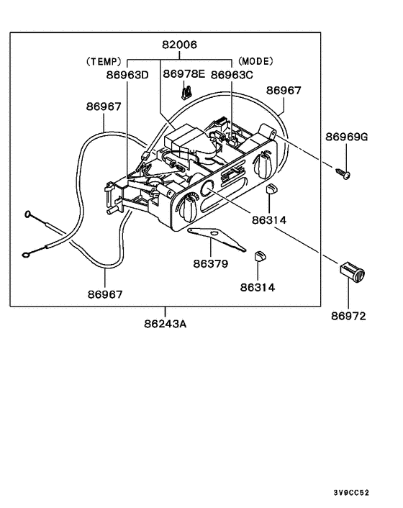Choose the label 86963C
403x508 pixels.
coord(232,74)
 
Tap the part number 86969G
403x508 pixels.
coord(346,137)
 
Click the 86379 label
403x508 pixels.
coord(210,263)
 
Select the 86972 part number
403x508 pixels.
coord(349,315)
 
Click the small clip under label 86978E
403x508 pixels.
coord(185,92)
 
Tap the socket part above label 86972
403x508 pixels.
coord(351,273)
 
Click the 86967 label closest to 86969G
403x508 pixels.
coord(284,91)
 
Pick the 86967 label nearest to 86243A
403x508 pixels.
coord(105,294)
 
